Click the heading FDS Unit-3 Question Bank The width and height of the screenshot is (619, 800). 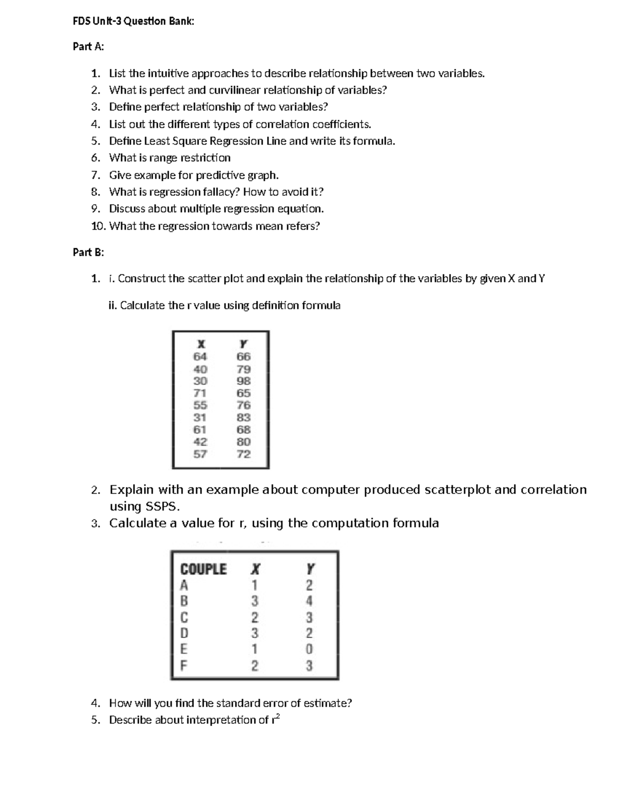[x=134, y=21]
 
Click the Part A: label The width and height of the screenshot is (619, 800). [x=88, y=46]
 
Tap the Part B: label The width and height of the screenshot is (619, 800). [x=88, y=252]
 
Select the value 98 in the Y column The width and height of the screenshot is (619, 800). [x=243, y=381]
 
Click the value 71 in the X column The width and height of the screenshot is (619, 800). [x=200, y=393]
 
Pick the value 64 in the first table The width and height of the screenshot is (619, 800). [x=200, y=356]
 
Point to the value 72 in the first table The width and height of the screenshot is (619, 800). [x=243, y=454]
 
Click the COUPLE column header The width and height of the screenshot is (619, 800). [x=203, y=569]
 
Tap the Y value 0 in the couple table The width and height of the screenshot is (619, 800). [x=309, y=649]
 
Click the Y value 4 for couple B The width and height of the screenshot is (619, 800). [x=309, y=601]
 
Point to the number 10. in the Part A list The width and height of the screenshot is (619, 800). [x=98, y=226]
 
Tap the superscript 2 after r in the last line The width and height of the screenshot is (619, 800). [x=278, y=716]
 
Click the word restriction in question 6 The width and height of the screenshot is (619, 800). [x=205, y=158]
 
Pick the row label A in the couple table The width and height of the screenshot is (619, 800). [x=184, y=585]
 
